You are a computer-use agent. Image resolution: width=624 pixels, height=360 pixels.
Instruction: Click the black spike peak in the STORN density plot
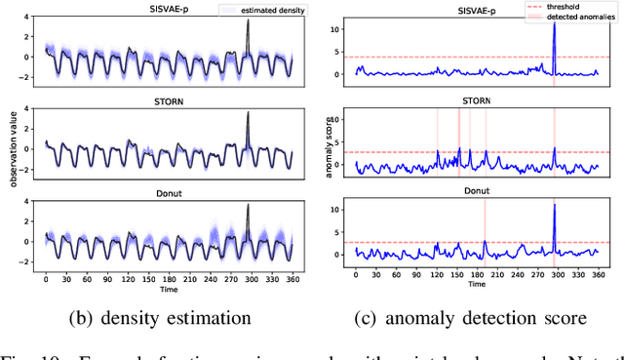(x=248, y=113)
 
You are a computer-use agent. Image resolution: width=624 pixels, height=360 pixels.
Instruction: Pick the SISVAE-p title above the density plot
(x=167, y=10)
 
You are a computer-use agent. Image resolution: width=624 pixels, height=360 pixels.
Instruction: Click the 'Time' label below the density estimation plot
(x=167, y=289)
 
